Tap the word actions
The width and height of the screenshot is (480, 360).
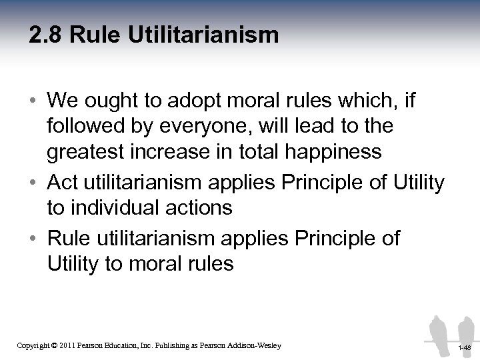(x=200, y=207)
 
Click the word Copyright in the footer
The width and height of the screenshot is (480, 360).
(x=32, y=345)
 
